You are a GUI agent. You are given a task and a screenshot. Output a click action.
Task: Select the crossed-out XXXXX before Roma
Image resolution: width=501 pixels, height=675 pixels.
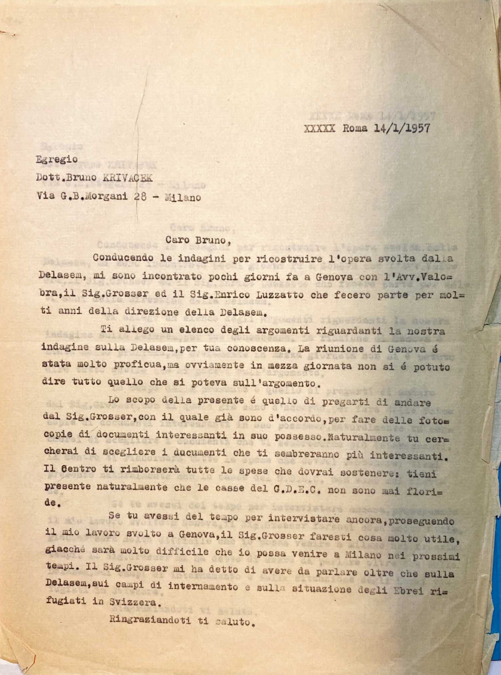(x=320, y=128)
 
